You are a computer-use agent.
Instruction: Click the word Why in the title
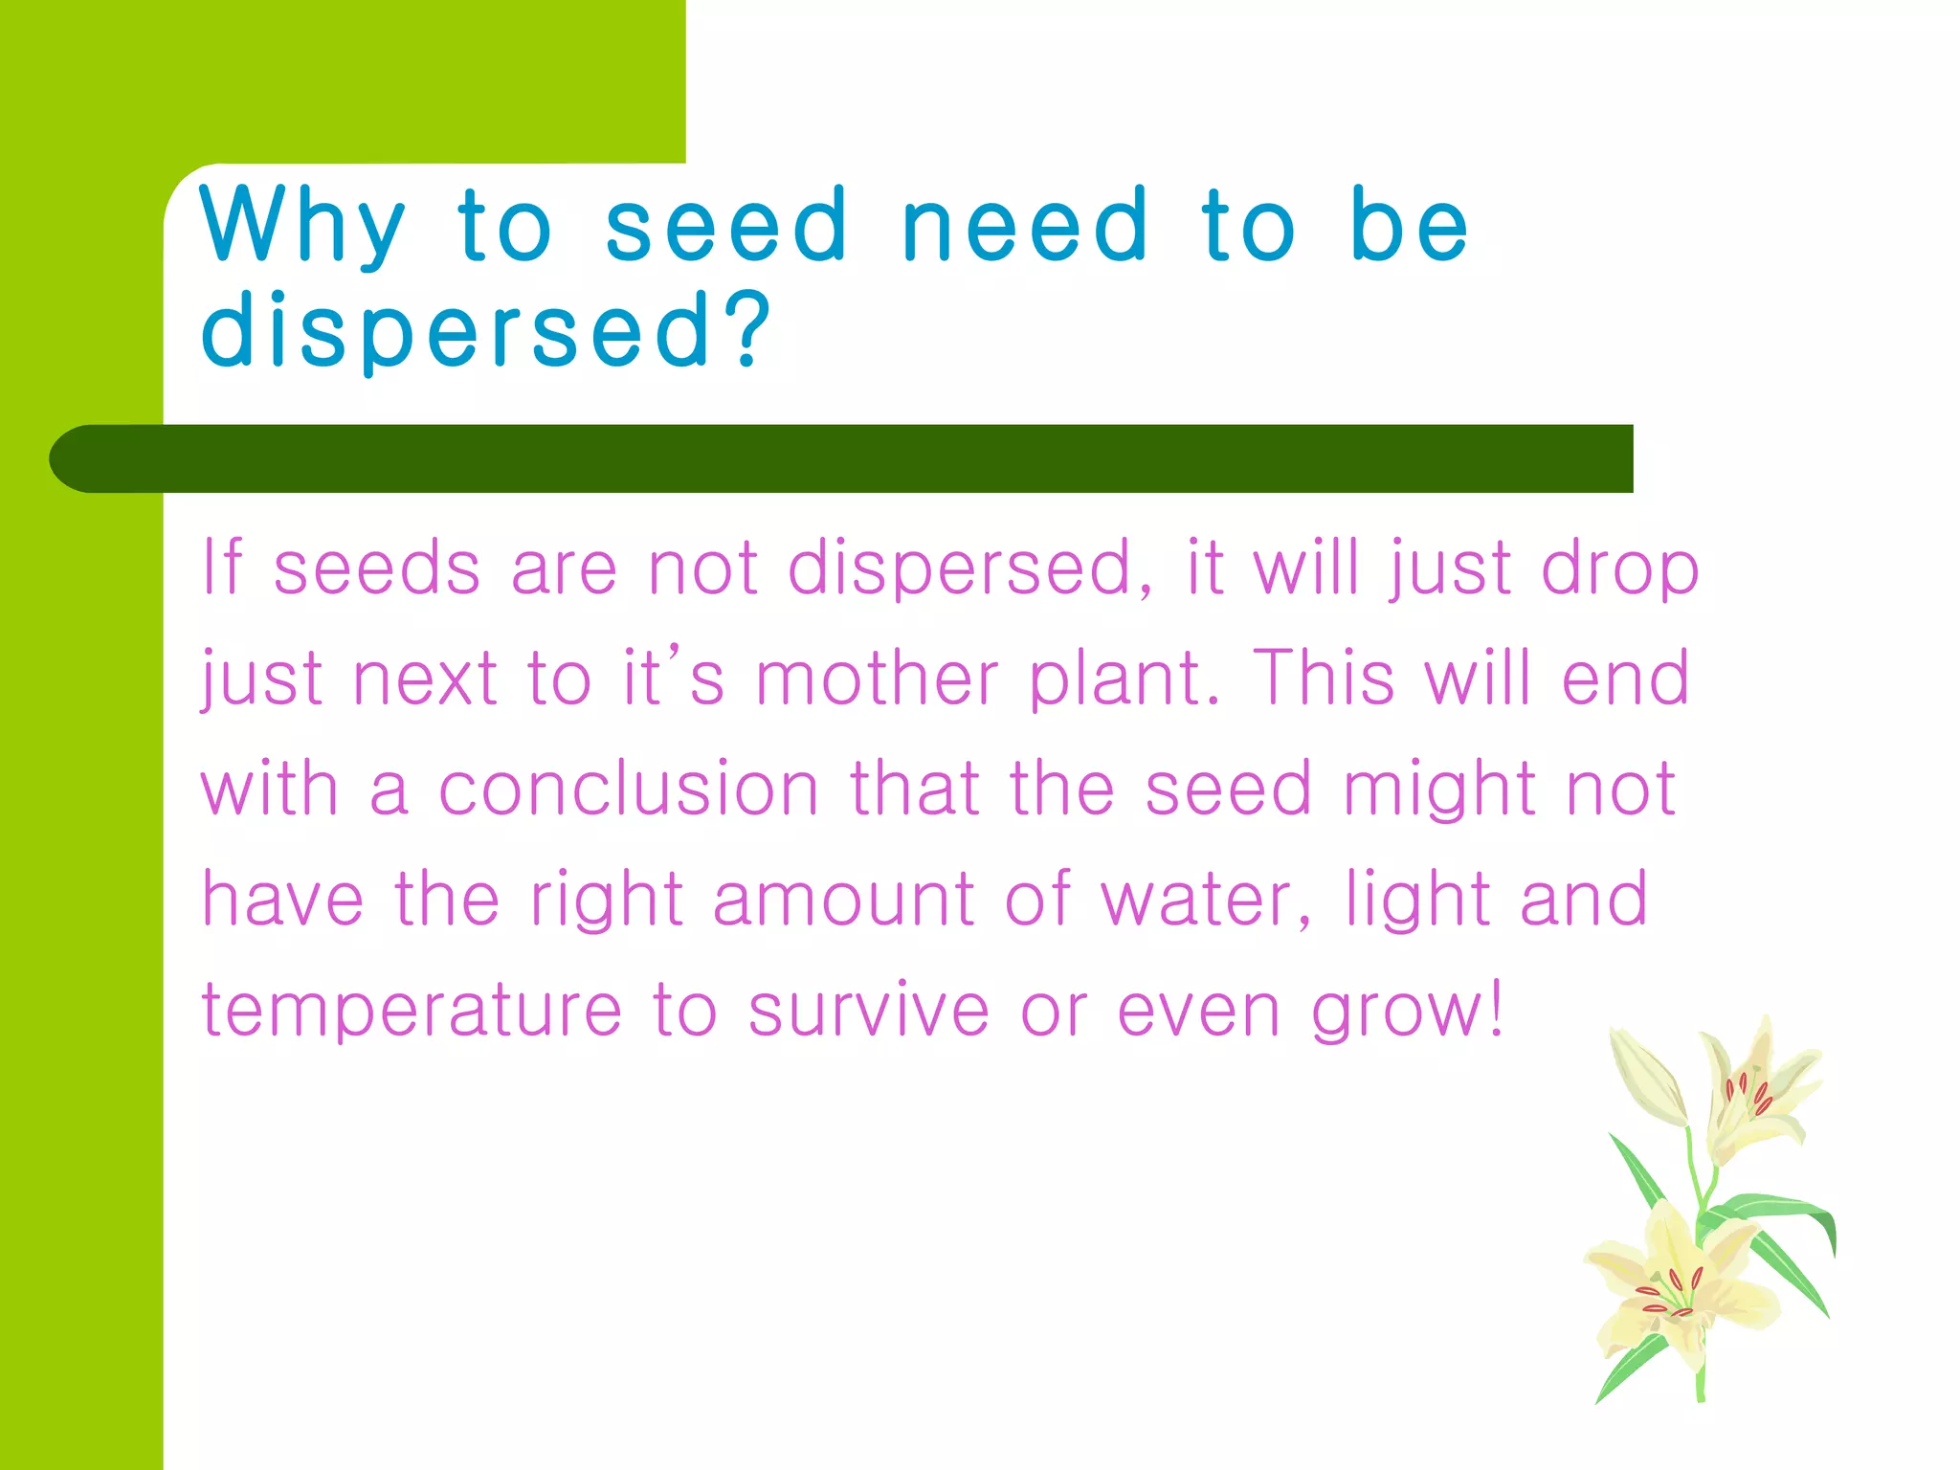click(302, 226)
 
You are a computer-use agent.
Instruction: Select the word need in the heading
click(1025, 226)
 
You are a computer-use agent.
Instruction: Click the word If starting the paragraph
click(221, 568)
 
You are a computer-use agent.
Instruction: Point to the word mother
click(877, 678)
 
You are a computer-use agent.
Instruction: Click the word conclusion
click(629, 789)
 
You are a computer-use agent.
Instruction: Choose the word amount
click(843, 899)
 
